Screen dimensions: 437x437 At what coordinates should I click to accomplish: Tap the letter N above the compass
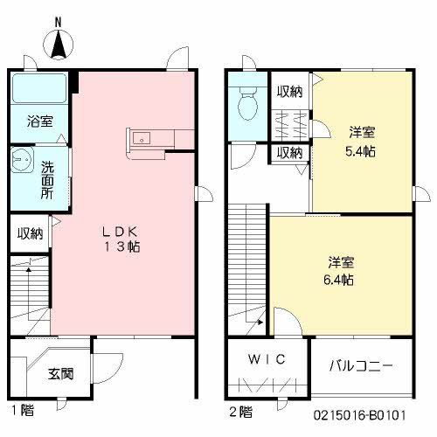[59, 22]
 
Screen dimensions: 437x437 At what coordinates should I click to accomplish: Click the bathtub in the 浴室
[39, 88]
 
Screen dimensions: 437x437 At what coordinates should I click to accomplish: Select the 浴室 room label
[40, 121]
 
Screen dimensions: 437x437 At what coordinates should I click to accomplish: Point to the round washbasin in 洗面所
[22, 160]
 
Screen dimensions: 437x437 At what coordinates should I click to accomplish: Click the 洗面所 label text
[47, 180]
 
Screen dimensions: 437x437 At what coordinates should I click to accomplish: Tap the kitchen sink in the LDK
[142, 138]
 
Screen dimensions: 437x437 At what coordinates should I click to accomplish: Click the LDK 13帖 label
[121, 239]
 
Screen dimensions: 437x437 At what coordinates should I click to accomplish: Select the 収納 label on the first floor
[30, 233]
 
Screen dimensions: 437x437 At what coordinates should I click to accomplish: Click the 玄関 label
[60, 374]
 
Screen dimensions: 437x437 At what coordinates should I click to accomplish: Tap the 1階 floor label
[23, 411]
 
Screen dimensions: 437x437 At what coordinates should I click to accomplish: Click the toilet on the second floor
[247, 103]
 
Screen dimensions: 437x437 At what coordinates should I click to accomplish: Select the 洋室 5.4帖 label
[361, 142]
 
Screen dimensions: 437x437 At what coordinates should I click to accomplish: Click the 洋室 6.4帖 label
[339, 271]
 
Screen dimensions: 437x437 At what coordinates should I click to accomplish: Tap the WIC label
[267, 359]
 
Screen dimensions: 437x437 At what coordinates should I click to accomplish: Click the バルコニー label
[361, 365]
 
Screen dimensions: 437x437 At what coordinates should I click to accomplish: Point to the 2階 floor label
[241, 412]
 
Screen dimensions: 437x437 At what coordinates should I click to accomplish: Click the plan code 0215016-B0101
[359, 415]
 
